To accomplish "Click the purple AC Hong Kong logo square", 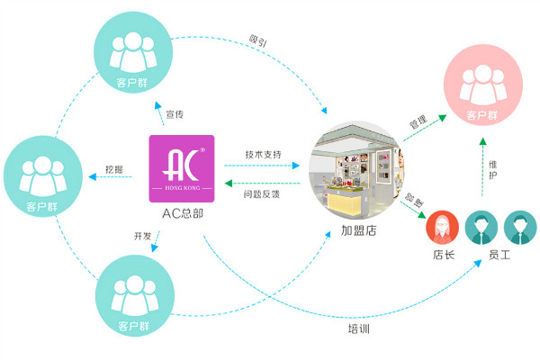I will (184, 168).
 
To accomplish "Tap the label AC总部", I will (184, 212).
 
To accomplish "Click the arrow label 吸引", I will (257, 40).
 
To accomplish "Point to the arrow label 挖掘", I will (114, 168).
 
